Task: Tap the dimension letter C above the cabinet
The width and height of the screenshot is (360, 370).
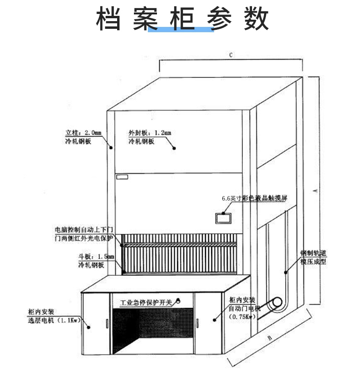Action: pyautogui.click(x=230, y=55)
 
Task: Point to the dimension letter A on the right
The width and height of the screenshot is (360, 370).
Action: pyautogui.click(x=315, y=190)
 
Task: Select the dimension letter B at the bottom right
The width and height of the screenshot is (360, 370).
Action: pyautogui.click(x=269, y=338)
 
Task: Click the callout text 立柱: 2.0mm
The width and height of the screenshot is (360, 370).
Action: pyautogui.click(x=84, y=133)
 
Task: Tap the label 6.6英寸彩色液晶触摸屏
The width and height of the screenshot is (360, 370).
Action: pyautogui.click(x=253, y=197)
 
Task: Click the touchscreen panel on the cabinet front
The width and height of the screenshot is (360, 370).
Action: pyautogui.click(x=224, y=218)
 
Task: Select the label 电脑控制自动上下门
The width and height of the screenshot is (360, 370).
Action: pyautogui.click(x=84, y=230)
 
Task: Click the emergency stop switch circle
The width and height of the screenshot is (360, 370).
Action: pyautogui.click(x=179, y=301)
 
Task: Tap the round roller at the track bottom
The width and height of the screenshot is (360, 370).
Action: pyautogui.click(x=276, y=304)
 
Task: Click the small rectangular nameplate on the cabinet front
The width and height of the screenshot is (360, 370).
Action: pyautogui.click(x=122, y=177)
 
